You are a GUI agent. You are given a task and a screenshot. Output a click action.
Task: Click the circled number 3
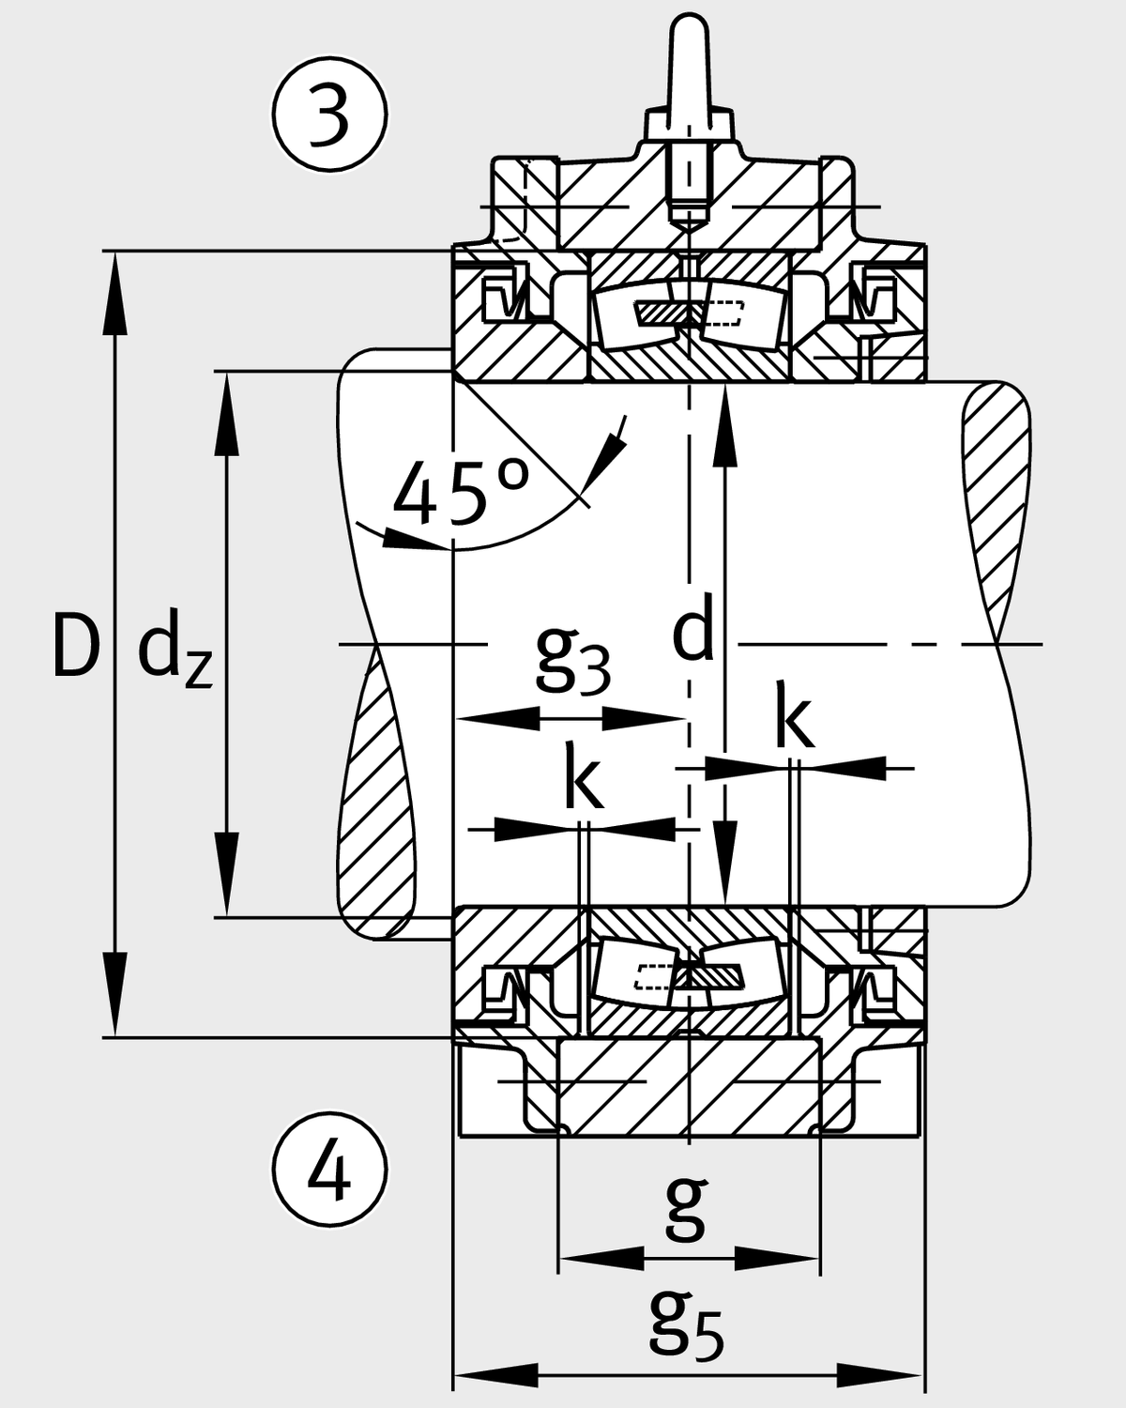click(x=330, y=115)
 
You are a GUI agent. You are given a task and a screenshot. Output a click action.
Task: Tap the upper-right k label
click(x=794, y=719)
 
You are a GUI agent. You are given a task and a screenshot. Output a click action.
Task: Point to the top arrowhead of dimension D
click(x=114, y=291)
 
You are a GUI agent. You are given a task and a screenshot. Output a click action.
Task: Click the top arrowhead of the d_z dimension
click(x=226, y=413)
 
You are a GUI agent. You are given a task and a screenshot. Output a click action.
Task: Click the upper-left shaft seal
click(x=503, y=298)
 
